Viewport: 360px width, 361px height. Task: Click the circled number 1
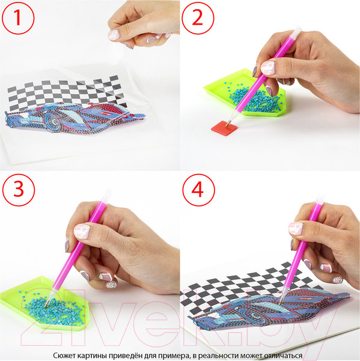pos(17,18)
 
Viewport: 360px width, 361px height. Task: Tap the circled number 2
pos(198,18)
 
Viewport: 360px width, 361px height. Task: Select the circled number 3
pos(19,190)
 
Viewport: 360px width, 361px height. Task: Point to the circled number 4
pos(198,190)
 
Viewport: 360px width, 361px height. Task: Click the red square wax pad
pos(225,128)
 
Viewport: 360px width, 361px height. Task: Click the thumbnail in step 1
pos(114,35)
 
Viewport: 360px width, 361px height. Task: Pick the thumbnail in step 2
pos(268,68)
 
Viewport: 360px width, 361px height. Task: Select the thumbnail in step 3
pos(82,232)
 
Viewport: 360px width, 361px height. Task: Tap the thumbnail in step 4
pos(296,229)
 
